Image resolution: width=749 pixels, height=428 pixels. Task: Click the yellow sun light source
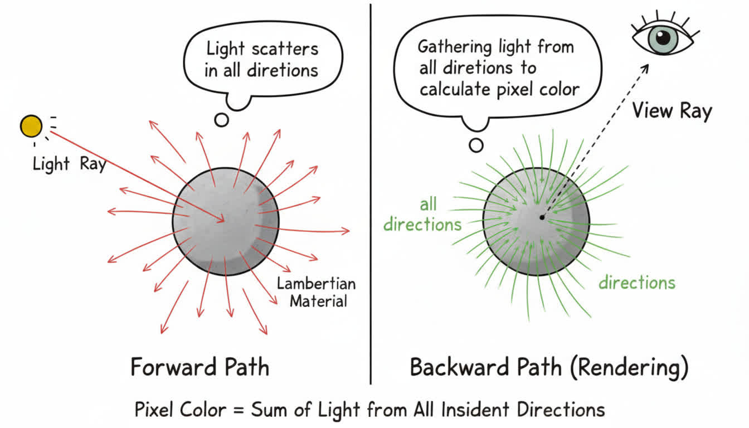click(x=31, y=126)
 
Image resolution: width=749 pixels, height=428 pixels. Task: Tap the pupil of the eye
click(x=663, y=37)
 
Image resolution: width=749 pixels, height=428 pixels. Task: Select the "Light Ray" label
click(x=69, y=164)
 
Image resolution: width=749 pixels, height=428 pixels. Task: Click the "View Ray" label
click(x=672, y=111)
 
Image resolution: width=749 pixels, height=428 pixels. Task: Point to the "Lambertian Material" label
click(x=316, y=292)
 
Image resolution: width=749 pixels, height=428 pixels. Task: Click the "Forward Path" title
click(x=200, y=368)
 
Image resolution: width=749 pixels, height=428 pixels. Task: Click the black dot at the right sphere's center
click(x=542, y=217)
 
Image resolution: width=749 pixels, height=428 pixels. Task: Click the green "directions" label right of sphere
click(x=636, y=283)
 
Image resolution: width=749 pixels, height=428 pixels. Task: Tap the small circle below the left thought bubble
click(x=222, y=120)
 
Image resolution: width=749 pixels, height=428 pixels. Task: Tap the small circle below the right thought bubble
click(x=476, y=145)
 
